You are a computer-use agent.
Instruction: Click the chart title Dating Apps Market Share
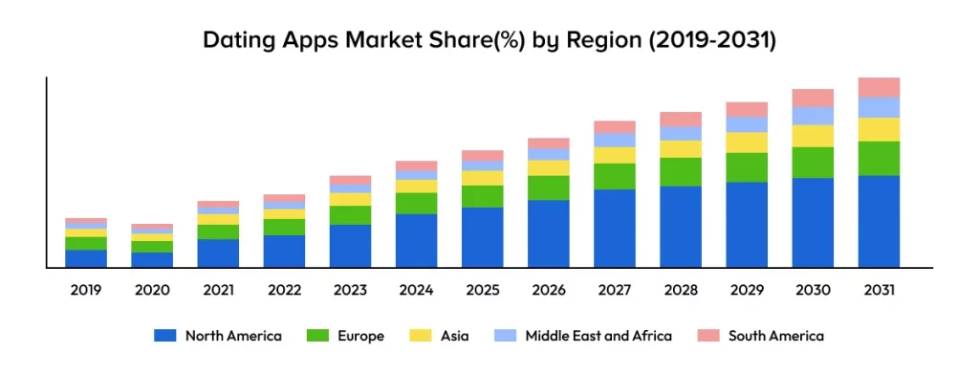click(x=489, y=41)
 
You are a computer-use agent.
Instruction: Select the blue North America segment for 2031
click(x=879, y=221)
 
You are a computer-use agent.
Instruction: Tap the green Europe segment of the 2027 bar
click(x=615, y=176)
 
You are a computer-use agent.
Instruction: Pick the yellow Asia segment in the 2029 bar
click(x=747, y=143)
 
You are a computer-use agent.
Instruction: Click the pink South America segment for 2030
click(x=813, y=98)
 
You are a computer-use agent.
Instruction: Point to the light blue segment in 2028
click(x=681, y=133)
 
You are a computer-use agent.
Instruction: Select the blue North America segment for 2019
click(x=86, y=258)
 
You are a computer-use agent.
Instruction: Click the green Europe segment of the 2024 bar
click(x=416, y=203)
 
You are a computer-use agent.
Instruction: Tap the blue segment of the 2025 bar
click(x=483, y=237)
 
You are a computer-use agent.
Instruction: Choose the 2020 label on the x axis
click(x=152, y=290)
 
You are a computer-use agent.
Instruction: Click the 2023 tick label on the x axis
click(x=350, y=290)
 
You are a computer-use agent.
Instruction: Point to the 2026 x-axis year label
click(x=549, y=290)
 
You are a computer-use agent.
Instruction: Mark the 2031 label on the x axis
click(x=879, y=290)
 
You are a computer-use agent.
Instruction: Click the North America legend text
click(x=233, y=336)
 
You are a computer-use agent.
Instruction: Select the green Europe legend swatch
click(x=318, y=336)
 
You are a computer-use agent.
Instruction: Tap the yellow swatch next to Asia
click(x=420, y=336)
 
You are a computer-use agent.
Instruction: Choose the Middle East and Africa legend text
click(x=598, y=336)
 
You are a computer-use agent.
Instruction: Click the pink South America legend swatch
click(x=708, y=336)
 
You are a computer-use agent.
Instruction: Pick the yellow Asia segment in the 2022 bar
click(x=284, y=213)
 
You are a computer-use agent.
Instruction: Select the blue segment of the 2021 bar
click(x=218, y=253)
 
